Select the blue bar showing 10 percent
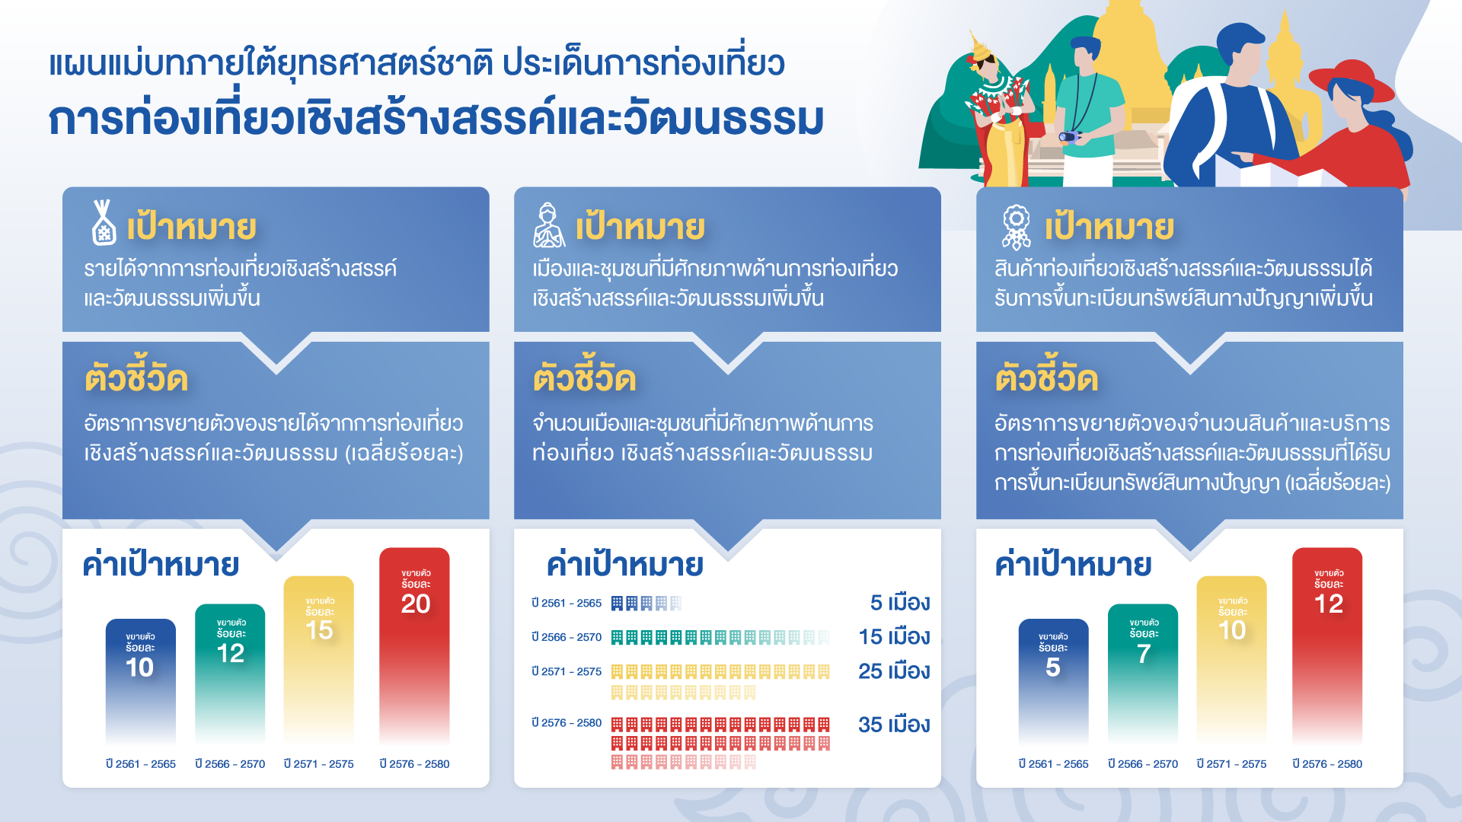point(140,681)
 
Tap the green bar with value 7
point(1143,674)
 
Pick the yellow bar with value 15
point(319,659)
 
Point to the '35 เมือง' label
point(895,725)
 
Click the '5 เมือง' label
point(901,603)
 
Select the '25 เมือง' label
point(895,671)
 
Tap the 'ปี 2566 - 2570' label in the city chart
point(567,637)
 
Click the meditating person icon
point(549,225)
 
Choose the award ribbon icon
point(1017,227)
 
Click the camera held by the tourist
point(1069,137)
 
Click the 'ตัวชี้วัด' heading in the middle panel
point(585,378)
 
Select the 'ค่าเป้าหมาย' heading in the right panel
point(1074,564)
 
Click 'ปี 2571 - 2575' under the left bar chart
point(319,764)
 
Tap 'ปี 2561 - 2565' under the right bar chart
point(1054,764)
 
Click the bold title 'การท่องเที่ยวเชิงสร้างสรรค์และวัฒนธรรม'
point(436,119)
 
